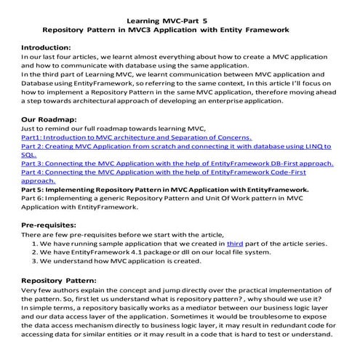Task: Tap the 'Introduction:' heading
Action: pyautogui.click(x=51, y=46)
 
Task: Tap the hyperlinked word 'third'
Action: pyautogui.click(x=235, y=244)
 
